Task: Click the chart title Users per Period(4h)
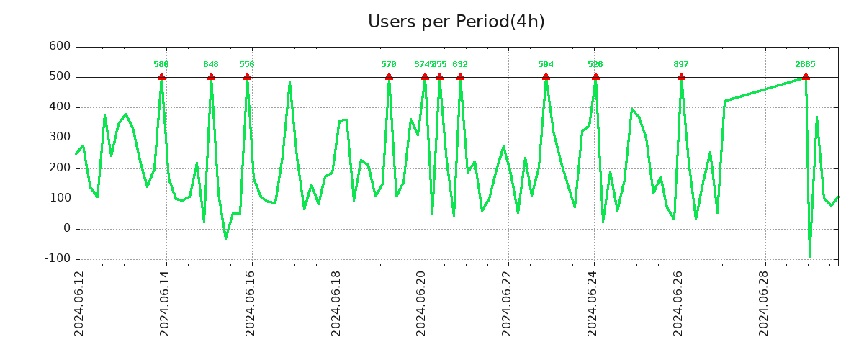tap(456, 22)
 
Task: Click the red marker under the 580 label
tap(161, 77)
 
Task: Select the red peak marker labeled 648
tap(211, 77)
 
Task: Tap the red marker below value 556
tap(247, 77)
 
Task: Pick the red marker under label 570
tap(389, 77)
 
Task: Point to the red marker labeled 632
tap(460, 77)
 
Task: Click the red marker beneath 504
tap(546, 77)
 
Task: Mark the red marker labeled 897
tap(681, 77)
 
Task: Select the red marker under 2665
tap(806, 77)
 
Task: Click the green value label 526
tap(595, 65)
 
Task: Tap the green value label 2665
tap(805, 65)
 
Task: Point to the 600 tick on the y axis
tap(60, 46)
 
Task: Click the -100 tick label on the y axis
tap(57, 258)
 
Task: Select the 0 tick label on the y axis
tap(67, 228)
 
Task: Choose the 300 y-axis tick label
tap(60, 137)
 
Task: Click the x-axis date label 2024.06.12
tap(79, 302)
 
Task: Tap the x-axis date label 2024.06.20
tap(423, 302)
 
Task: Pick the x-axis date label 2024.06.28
tap(765, 302)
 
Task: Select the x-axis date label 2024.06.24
tap(594, 302)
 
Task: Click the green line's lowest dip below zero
tap(809, 257)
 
